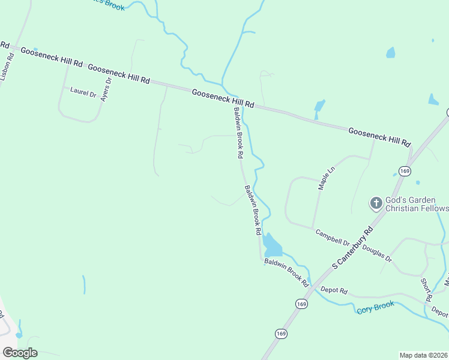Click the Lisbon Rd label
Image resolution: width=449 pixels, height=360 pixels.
click(x=7, y=67)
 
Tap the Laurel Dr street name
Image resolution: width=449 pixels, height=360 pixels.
click(x=83, y=93)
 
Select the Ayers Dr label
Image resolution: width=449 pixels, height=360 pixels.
click(x=106, y=89)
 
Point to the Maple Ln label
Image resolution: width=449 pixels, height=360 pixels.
click(x=325, y=179)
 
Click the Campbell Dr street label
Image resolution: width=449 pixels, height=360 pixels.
click(x=333, y=238)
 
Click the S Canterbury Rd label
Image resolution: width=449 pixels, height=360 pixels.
click(x=353, y=247)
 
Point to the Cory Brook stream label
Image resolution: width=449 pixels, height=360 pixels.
click(x=376, y=307)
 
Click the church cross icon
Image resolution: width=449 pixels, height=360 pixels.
click(x=376, y=203)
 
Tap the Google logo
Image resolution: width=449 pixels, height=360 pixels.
click(x=20, y=352)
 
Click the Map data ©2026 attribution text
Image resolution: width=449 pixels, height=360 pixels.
click(x=424, y=355)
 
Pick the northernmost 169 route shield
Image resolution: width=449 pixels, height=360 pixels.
click(x=405, y=172)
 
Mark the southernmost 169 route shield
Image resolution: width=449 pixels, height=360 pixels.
click(x=281, y=333)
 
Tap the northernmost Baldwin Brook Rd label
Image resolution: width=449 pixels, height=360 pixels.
click(x=238, y=133)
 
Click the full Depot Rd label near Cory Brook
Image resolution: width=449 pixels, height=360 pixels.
click(x=334, y=290)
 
